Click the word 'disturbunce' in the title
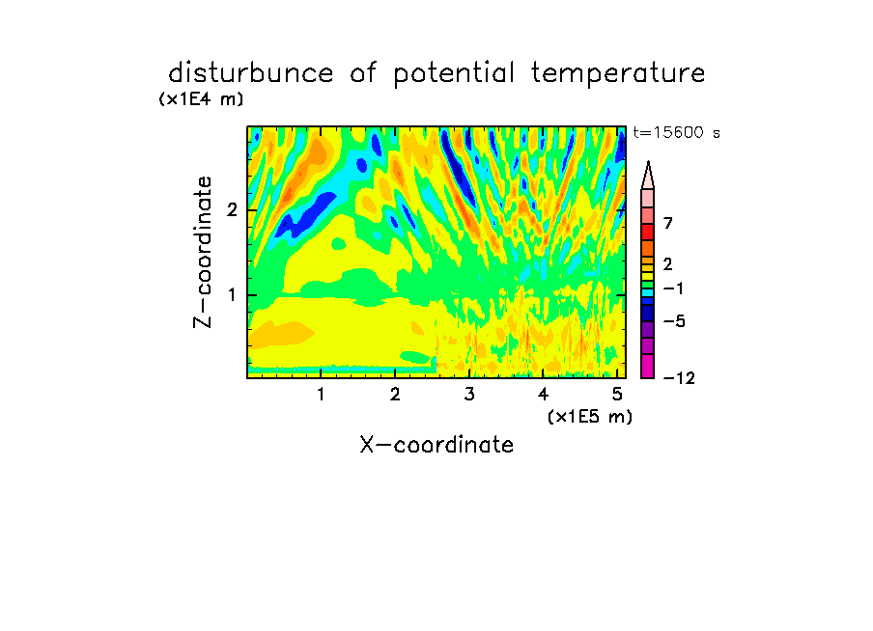point(251,73)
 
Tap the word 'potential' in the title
point(454,74)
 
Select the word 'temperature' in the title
point(618,74)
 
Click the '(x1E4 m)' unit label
point(201,99)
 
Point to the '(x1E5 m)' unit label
point(590,416)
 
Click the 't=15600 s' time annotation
point(676,132)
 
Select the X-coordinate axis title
point(436,445)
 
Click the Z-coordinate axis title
point(202,252)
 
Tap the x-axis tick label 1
point(322,394)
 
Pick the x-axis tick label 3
point(469,394)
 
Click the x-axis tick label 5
point(617,394)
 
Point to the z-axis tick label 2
point(232,210)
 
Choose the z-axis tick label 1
point(232,295)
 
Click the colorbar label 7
point(668,223)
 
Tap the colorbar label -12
point(679,378)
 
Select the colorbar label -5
point(674,321)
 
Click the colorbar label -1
point(673,288)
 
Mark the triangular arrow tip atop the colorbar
point(648,162)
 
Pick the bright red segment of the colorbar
point(648,232)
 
